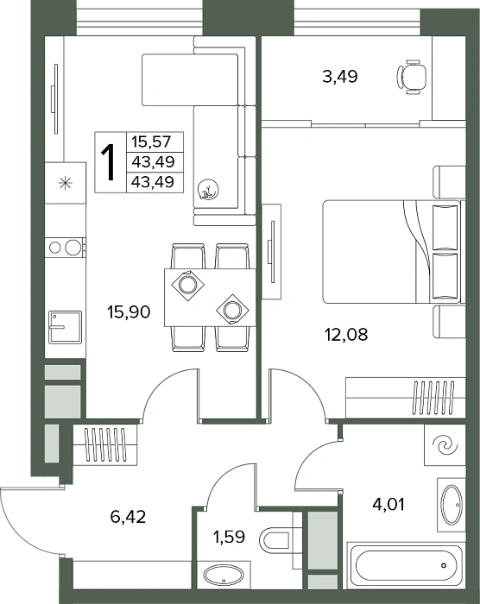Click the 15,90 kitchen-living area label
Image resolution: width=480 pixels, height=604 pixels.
pos(129,312)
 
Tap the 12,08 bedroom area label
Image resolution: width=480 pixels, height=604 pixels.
pos(346,335)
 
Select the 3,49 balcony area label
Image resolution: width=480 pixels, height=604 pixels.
pos(339,76)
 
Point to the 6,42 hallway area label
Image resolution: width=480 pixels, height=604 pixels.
pos(128,517)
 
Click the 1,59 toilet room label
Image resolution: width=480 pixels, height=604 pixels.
pos(229,537)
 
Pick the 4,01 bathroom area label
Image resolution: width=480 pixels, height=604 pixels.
pos(388,504)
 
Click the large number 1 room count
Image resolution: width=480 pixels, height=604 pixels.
pos(109,162)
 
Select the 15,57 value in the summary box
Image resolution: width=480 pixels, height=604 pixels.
pos(151,142)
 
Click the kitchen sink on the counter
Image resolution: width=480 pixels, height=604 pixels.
pos(65,327)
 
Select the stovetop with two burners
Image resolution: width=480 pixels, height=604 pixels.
pos(65,248)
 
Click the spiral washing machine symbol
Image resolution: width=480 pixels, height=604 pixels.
pos(445,446)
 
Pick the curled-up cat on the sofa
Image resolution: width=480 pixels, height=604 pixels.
pos(208,190)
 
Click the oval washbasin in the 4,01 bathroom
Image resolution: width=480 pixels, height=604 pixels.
pos(452,504)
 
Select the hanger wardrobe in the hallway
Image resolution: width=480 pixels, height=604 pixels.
pos(104,445)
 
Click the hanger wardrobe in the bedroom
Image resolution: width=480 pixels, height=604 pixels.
pos(406,398)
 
